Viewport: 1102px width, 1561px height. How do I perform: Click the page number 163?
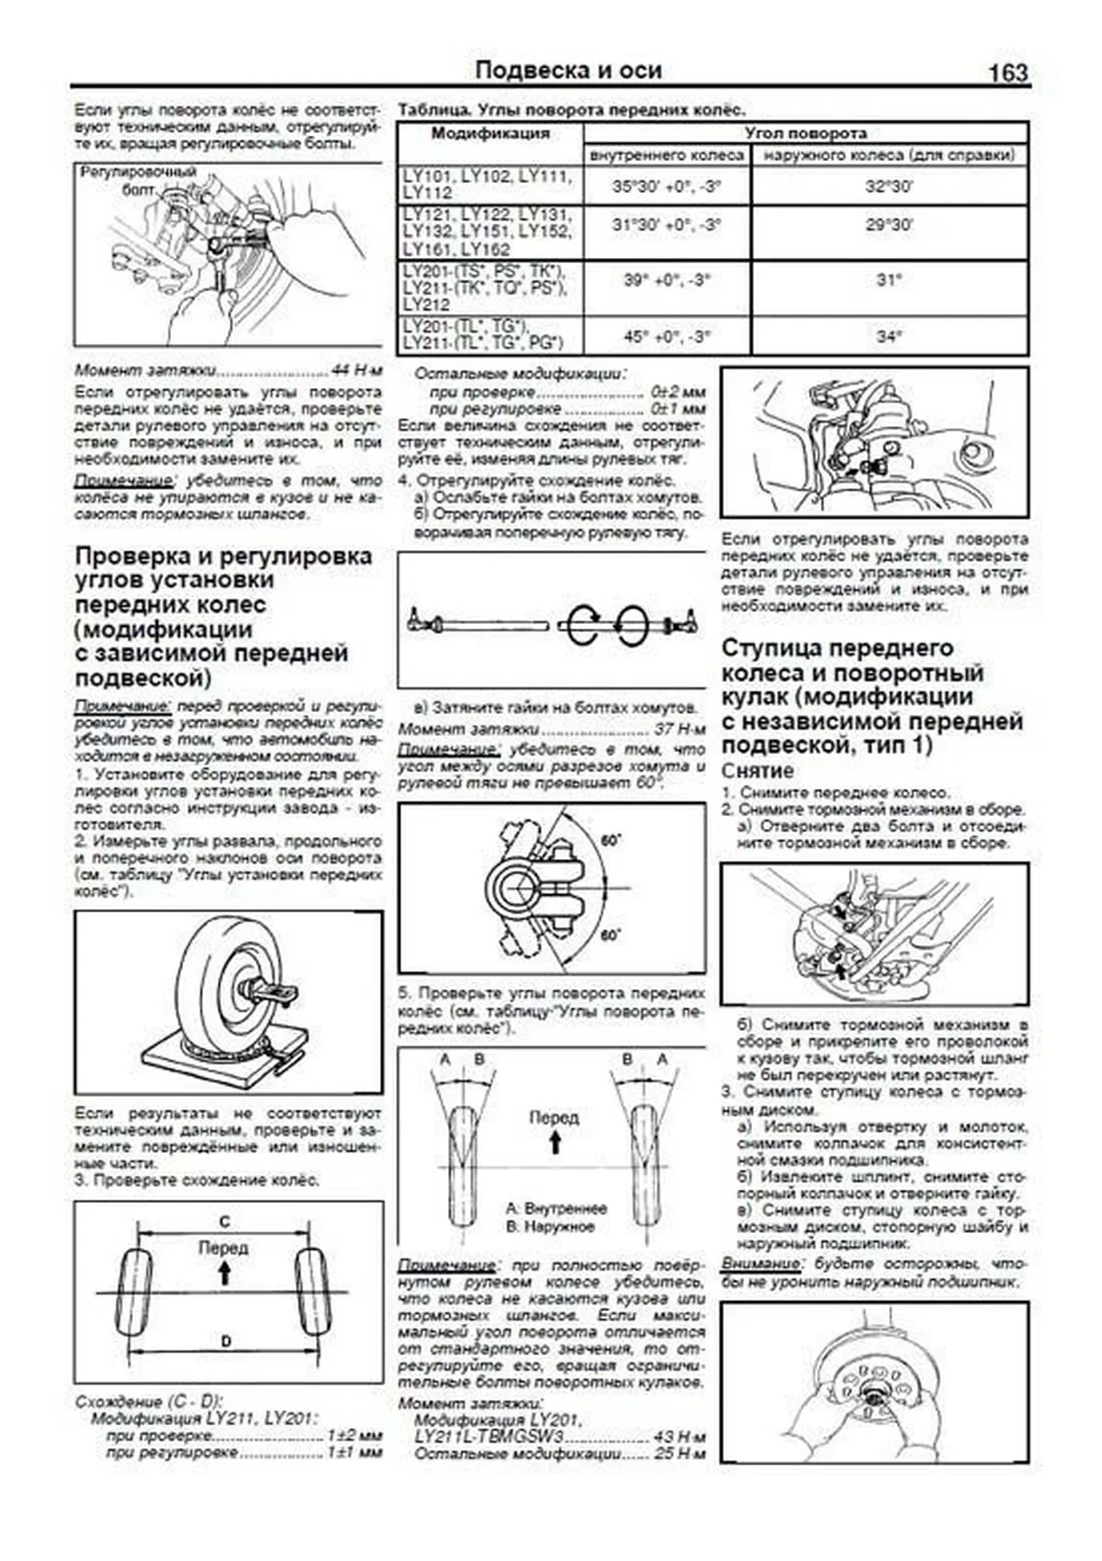click(x=1007, y=73)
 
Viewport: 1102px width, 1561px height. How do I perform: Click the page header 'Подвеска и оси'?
click(x=568, y=71)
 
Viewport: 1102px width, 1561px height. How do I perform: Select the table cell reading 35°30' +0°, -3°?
click(x=667, y=187)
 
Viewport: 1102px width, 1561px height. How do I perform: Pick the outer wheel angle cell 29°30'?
click(x=888, y=225)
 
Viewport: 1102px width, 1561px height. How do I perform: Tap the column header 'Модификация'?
click(x=490, y=133)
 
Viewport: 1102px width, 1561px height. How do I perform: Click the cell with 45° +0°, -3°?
click(x=667, y=336)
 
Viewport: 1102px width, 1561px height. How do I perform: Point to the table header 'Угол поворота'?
click(x=804, y=132)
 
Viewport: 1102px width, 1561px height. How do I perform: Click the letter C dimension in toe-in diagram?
click(x=224, y=1222)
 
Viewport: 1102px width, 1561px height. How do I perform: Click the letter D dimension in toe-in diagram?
click(x=226, y=1341)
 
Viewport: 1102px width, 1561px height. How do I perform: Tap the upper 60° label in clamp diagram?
click(x=610, y=840)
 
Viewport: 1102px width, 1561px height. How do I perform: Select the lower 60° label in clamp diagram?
click(x=610, y=935)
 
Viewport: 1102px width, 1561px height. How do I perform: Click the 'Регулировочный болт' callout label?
click(x=138, y=180)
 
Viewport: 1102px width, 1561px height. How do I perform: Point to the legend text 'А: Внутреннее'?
click(x=557, y=1208)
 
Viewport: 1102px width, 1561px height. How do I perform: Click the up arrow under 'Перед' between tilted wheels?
click(x=554, y=1143)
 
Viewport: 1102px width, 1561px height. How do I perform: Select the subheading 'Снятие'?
click(x=757, y=771)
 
